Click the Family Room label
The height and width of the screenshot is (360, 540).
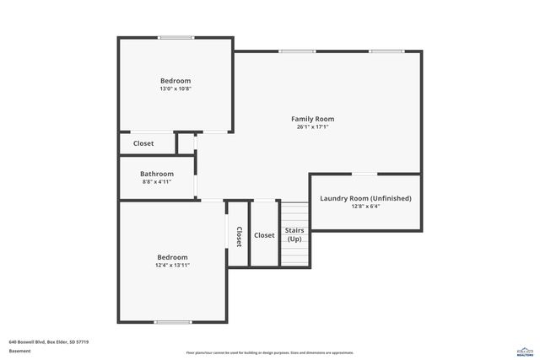313,119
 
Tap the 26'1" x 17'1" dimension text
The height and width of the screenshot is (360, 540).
313,127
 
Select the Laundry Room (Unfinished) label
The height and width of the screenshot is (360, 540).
365,198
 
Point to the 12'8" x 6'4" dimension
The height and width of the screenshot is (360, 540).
365,207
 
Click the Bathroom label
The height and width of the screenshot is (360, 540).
157,174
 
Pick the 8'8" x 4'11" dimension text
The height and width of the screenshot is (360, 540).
157,181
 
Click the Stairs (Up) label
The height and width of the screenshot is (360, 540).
294,234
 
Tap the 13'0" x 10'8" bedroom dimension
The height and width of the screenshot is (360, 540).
175,89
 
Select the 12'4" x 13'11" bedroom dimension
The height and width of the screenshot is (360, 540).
172,265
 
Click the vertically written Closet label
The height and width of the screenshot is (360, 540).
239,237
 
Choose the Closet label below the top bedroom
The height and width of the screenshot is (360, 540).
143,143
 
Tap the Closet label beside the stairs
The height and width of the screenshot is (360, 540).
264,235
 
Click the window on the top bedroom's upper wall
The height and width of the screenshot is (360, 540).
175,37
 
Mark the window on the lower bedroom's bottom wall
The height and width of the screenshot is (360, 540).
172,322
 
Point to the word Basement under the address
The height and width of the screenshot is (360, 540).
20,351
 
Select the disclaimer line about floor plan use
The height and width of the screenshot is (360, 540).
270,352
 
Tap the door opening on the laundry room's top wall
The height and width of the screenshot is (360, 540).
364,174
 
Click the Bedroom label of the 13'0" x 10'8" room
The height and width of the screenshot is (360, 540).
175,81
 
